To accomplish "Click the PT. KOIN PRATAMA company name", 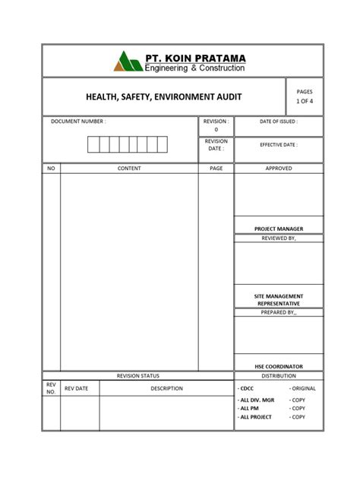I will (x=195, y=57).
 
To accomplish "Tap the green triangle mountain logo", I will (x=128, y=62).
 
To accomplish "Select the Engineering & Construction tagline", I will (x=195, y=68).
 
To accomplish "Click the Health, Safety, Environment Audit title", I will (x=163, y=96).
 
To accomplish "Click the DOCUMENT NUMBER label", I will (x=78, y=122).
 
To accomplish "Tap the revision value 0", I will (x=216, y=130).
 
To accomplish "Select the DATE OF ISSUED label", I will (x=279, y=122).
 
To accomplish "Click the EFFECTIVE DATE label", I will (x=279, y=144).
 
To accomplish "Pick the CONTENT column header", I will (x=129, y=168).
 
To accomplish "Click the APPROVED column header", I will (x=279, y=168).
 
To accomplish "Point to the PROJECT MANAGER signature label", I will (x=279, y=229).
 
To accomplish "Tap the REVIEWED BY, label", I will (x=279, y=238).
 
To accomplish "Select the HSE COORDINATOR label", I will (x=279, y=367).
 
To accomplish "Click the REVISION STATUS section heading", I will (x=137, y=376).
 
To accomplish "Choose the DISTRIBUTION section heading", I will (x=279, y=376).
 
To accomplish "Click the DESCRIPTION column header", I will (x=166, y=389).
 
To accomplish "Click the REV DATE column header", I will (x=77, y=389).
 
